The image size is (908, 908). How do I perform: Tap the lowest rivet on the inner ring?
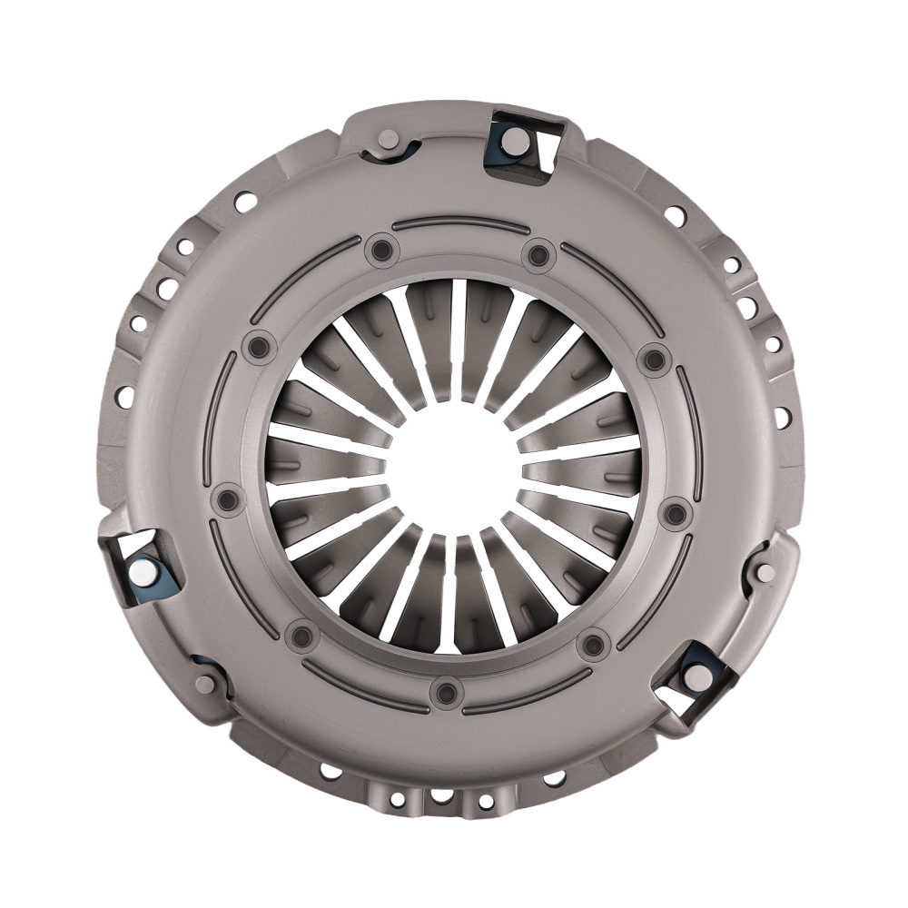(446, 693)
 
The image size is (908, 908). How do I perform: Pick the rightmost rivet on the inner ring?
(676, 515)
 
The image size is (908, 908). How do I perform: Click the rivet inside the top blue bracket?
(513, 139)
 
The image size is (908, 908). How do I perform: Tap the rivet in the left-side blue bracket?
(144, 572)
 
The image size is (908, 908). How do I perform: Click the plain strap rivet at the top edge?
(388, 141)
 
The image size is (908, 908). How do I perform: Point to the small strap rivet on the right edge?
(765, 572)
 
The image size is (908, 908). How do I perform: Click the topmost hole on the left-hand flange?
(244, 202)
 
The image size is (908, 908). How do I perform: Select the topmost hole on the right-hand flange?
(675, 215)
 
